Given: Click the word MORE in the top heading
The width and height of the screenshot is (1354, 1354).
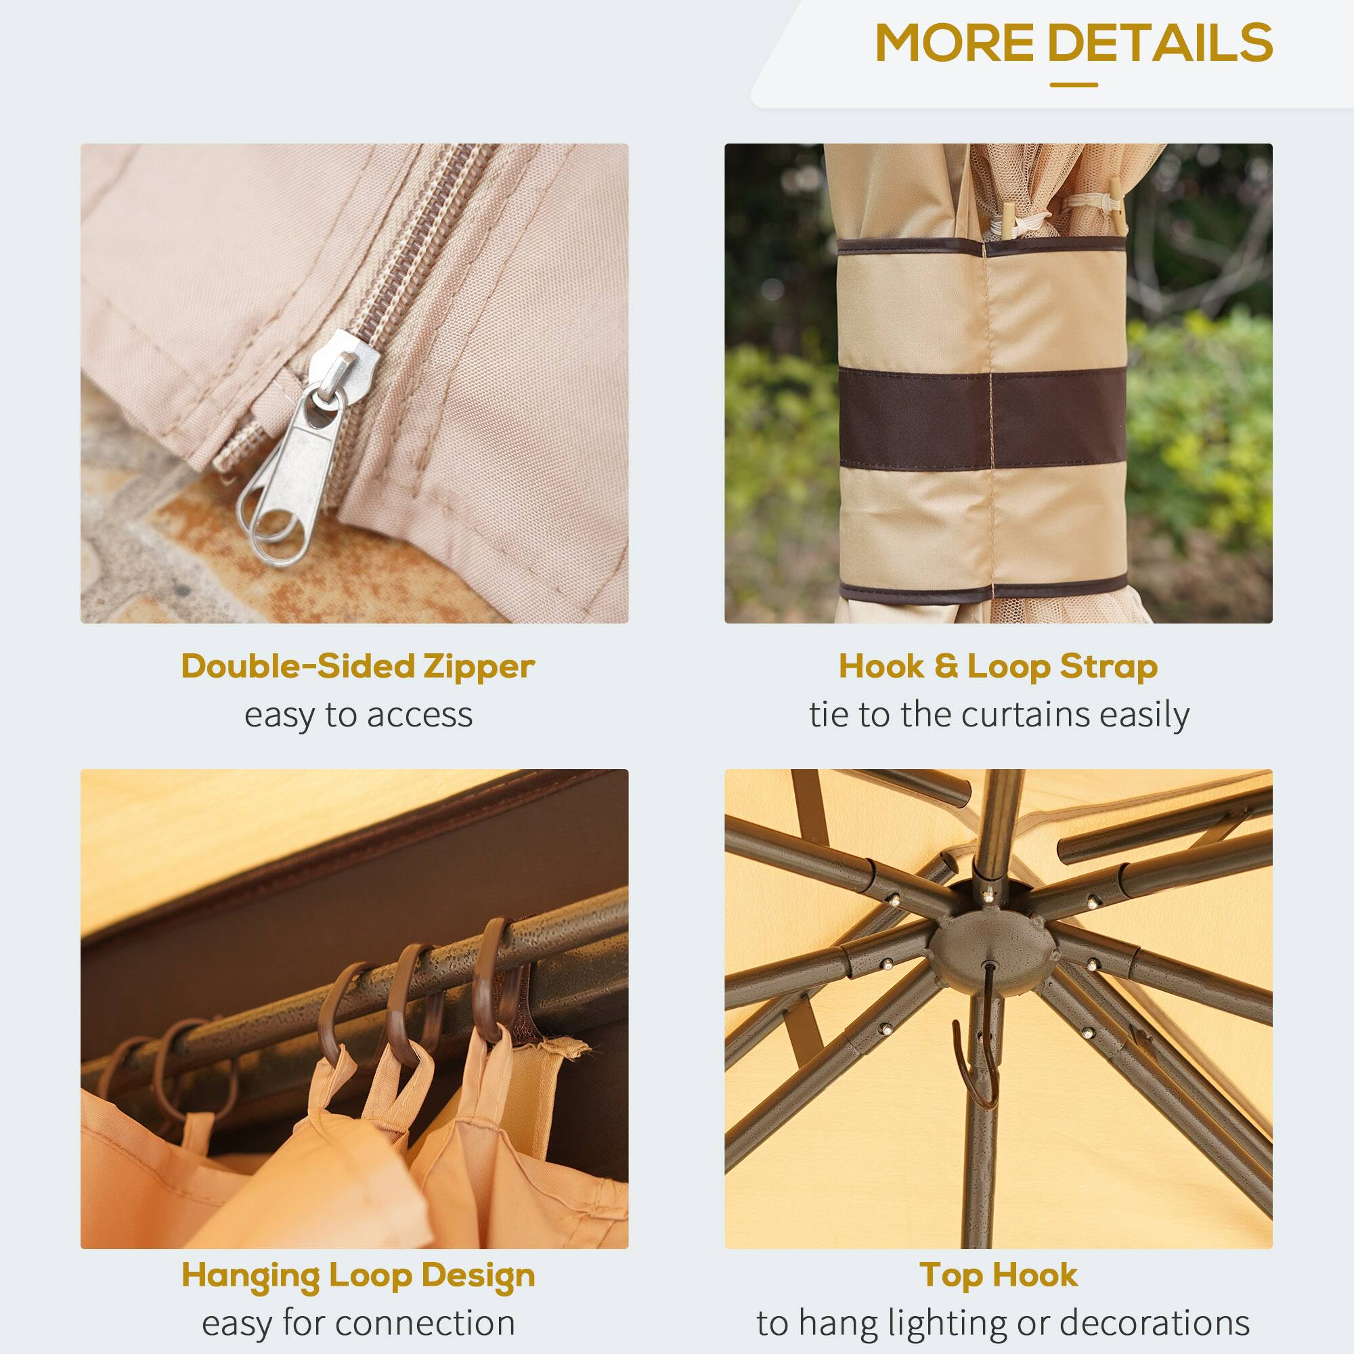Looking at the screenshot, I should [955, 43].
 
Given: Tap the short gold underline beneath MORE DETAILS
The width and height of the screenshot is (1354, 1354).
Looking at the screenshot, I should [1073, 85].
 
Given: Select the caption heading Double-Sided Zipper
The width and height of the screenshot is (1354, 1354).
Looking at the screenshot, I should [357, 665].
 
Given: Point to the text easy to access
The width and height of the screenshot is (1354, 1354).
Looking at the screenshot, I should [358, 715].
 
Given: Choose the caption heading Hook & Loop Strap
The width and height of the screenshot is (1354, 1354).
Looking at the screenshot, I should [998, 665].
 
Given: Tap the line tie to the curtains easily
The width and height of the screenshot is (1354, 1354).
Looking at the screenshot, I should [999, 715].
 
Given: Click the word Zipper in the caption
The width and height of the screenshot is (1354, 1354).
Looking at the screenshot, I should [479, 665].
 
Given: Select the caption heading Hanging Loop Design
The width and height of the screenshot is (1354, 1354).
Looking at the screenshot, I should [357, 1275].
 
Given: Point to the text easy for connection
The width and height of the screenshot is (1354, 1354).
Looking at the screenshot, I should [358, 1323].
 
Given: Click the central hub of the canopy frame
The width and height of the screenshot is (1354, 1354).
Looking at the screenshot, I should [994, 946].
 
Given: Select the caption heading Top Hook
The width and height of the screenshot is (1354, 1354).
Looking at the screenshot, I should [998, 1275].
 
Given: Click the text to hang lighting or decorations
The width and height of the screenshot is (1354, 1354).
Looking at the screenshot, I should [1003, 1323].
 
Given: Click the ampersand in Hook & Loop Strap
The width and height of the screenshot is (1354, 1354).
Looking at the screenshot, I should [945, 665].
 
